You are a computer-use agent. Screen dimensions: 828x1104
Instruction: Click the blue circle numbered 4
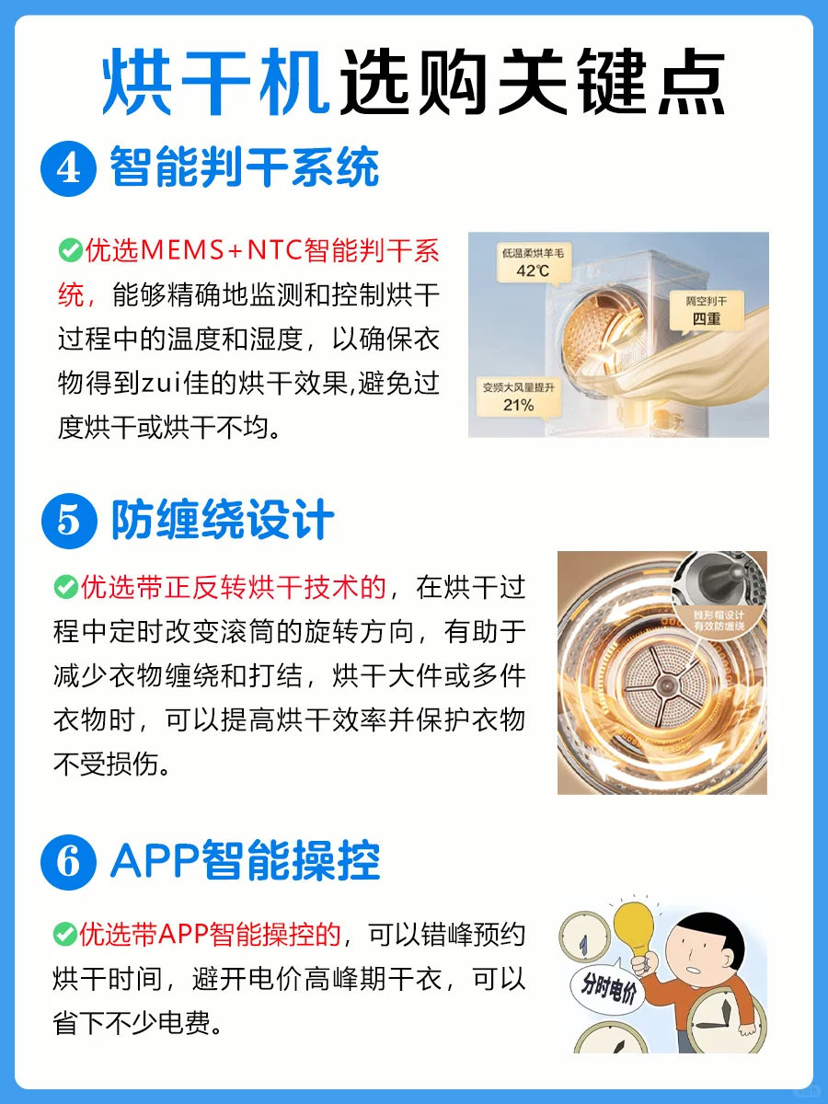(x=68, y=168)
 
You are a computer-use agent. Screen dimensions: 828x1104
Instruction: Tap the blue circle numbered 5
(x=69, y=521)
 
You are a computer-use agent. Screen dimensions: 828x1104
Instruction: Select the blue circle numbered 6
(x=68, y=862)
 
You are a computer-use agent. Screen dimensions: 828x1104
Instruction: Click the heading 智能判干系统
(x=245, y=167)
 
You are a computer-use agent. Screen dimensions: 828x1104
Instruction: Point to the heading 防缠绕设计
(x=223, y=520)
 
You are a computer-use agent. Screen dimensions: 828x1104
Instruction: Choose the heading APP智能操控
(x=246, y=861)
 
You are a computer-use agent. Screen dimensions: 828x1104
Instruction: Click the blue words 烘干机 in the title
(x=216, y=82)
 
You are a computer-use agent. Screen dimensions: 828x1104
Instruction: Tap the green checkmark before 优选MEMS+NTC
(x=71, y=250)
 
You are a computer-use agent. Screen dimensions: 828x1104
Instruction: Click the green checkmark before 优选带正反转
(x=66, y=586)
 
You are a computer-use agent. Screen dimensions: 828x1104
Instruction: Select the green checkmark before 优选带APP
(x=64, y=935)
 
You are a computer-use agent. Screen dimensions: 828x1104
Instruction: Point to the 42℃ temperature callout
(x=534, y=263)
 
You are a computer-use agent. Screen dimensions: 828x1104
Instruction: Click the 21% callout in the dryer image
(x=518, y=398)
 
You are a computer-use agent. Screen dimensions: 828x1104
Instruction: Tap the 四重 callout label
(x=707, y=312)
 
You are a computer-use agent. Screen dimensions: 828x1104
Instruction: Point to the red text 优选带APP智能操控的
(x=210, y=935)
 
